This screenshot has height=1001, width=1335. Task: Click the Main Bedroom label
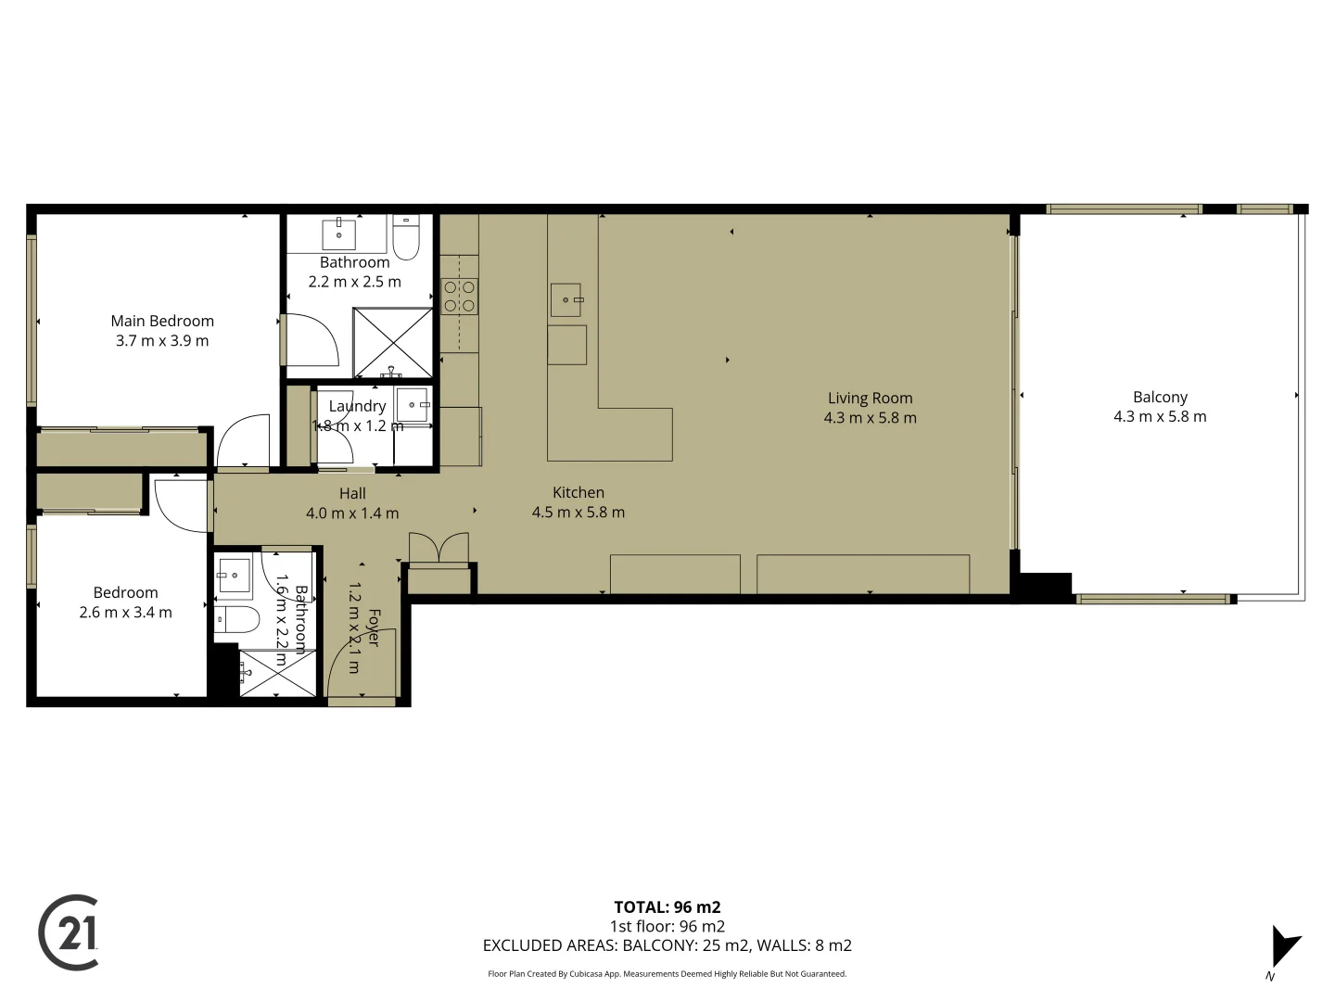click(x=162, y=321)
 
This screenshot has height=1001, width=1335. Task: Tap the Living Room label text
click(x=870, y=398)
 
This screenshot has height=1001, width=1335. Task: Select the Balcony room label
click(x=1160, y=397)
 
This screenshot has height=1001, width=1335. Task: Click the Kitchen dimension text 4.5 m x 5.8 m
click(x=578, y=512)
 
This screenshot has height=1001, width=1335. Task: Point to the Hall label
click(x=352, y=493)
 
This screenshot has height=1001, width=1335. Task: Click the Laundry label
click(x=357, y=406)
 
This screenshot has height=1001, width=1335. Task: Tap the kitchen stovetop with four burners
click(x=459, y=297)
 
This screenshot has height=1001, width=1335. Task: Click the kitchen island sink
click(x=566, y=300)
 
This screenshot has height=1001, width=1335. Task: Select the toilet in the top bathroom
click(x=406, y=237)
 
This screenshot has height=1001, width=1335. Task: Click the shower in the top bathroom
click(x=393, y=342)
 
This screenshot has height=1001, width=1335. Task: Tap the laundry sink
click(x=413, y=405)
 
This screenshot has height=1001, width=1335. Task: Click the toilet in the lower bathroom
click(x=237, y=619)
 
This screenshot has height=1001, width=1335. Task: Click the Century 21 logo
click(x=70, y=932)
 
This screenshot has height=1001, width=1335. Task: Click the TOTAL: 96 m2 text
click(x=667, y=907)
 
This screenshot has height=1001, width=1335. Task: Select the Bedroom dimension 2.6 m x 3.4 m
click(x=125, y=612)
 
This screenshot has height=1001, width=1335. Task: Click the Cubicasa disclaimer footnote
click(x=667, y=974)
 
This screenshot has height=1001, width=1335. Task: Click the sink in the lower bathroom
click(x=234, y=576)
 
